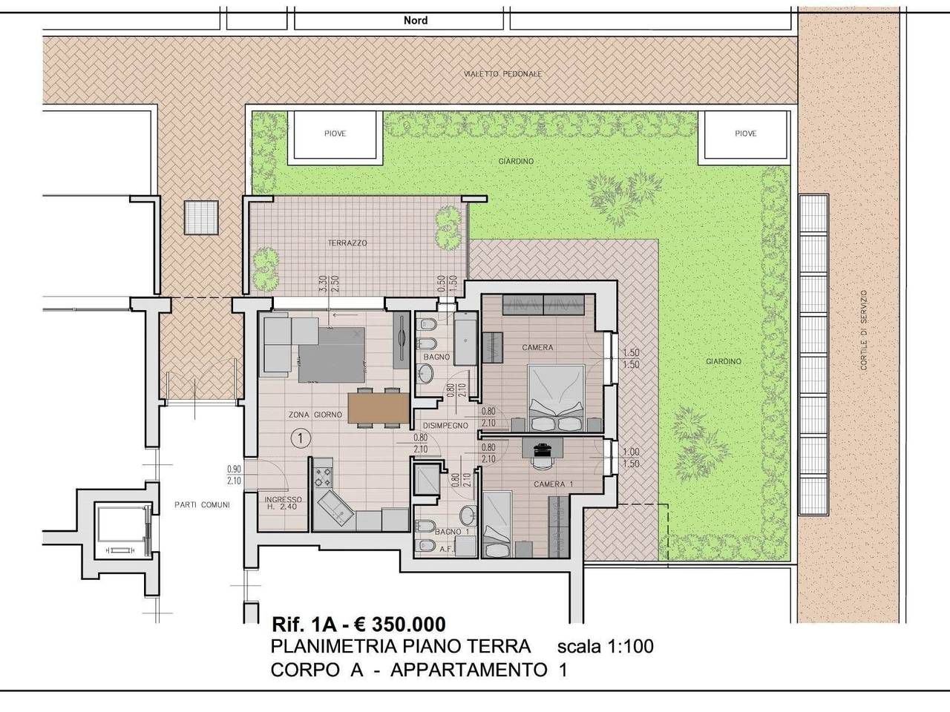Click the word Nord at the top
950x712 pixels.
click(x=416, y=20)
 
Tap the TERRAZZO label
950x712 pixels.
click(x=347, y=243)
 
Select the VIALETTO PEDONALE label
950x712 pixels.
click(x=502, y=74)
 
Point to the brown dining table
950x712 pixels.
click(x=379, y=408)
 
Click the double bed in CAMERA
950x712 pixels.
click(x=556, y=398)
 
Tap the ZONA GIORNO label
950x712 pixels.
click(x=315, y=415)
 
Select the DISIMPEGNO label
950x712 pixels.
click(x=445, y=426)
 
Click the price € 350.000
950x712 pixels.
click(x=400, y=624)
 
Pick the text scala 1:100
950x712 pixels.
click(x=605, y=647)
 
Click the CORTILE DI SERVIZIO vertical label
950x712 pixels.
click(x=864, y=330)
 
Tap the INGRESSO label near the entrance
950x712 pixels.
click(x=283, y=500)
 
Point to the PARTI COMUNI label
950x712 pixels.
click(x=202, y=504)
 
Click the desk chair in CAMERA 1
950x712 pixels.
click(x=542, y=462)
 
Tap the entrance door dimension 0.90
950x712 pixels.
click(x=234, y=469)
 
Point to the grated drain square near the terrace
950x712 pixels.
click(x=201, y=218)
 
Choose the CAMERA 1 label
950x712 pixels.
click(x=553, y=484)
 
